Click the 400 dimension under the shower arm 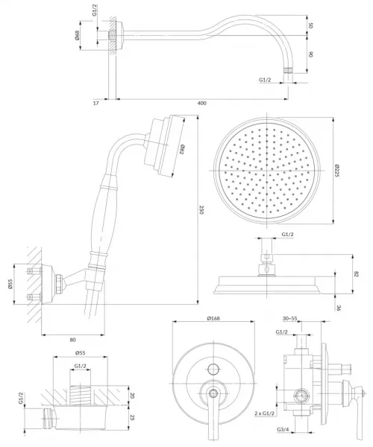(201, 104)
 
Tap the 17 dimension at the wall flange (96, 104)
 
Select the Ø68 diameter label (78, 35)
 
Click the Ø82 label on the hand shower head (181, 150)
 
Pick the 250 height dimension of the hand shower (201, 210)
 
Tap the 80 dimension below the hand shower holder (73, 340)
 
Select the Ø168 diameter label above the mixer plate (213, 318)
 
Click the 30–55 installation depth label (289, 319)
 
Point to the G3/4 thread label (283, 430)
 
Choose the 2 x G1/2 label (265, 413)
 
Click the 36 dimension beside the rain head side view (339, 308)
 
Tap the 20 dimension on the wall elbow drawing (132, 396)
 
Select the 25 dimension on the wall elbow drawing (132, 418)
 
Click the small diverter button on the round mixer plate (213, 370)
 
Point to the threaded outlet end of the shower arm (289, 71)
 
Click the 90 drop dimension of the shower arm (311, 54)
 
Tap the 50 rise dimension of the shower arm (311, 25)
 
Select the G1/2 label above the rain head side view (287, 235)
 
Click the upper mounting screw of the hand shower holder (34, 270)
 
